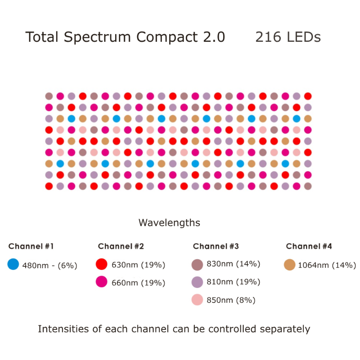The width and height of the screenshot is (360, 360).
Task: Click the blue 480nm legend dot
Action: pyautogui.click(x=13, y=265)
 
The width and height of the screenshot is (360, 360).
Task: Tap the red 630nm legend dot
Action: pyautogui.click(x=102, y=264)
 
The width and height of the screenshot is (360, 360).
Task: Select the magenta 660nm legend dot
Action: pyautogui.click(x=102, y=282)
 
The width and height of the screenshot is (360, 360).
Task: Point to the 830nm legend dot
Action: pyautogui.click(x=198, y=264)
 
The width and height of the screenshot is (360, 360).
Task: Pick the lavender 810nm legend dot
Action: pyautogui.click(x=198, y=282)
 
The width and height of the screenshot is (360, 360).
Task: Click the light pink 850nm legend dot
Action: pyautogui.click(x=198, y=300)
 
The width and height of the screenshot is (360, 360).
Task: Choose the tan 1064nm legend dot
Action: pyautogui.click(x=290, y=265)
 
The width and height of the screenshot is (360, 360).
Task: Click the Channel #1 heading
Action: pyautogui.click(x=31, y=247)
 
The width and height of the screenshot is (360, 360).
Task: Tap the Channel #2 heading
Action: pyautogui.click(x=121, y=247)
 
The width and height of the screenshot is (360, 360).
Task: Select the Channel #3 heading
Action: pyautogui.click(x=216, y=247)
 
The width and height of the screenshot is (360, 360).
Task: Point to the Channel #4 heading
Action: pyautogui.click(x=309, y=247)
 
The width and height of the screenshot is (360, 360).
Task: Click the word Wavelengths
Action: pyautogui.click(x=169, y=223)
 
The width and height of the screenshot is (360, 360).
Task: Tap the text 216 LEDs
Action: pyautogui.click(x=288, y=37)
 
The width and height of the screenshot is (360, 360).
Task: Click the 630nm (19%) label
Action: pyautogui.click(x=139, y=265)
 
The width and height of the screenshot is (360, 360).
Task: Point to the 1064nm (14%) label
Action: pyautogui.click(x=327, y=265)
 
